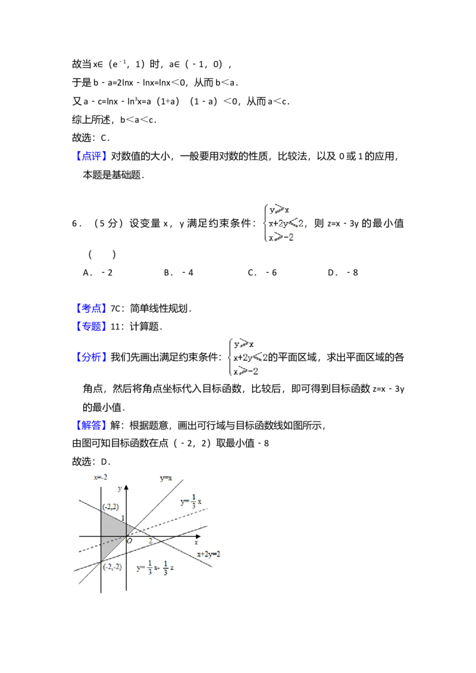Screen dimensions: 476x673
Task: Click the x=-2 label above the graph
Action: pos(101,477)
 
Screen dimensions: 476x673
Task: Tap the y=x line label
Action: pos(166,478)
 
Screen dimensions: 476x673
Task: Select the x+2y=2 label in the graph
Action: pos(209,554)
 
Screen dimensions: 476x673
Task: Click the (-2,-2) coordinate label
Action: pos(112,567)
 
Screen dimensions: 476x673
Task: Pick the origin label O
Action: pos(129,541)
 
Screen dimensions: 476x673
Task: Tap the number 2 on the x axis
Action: pos(151,541)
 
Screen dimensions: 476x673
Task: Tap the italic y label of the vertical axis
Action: pos(120,488)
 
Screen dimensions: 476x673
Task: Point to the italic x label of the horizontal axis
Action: pos(196,543)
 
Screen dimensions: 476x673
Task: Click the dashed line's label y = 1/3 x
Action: pos(192,501)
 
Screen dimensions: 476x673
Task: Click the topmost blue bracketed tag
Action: pos(92,156)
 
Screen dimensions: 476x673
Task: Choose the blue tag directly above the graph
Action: pos(92,426)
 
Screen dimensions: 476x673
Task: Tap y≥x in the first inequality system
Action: pos(278,210)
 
